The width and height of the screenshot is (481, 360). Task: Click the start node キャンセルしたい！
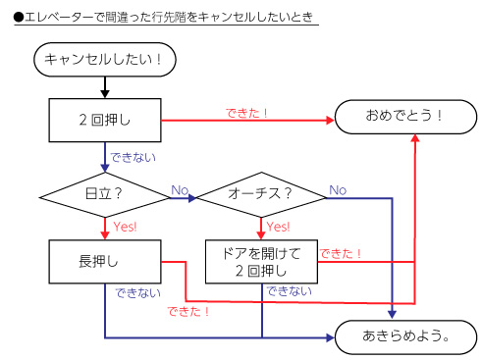coord(103,60)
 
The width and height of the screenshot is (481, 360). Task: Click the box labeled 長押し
coord(103,262)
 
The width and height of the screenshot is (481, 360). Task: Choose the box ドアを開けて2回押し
coord(260,262)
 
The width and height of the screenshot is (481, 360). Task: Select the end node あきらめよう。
coord(404,335)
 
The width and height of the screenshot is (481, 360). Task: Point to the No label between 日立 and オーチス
coord(180,188)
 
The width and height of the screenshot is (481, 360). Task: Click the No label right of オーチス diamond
coord(337,188)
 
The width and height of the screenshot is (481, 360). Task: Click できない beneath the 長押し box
coord(133,291)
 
